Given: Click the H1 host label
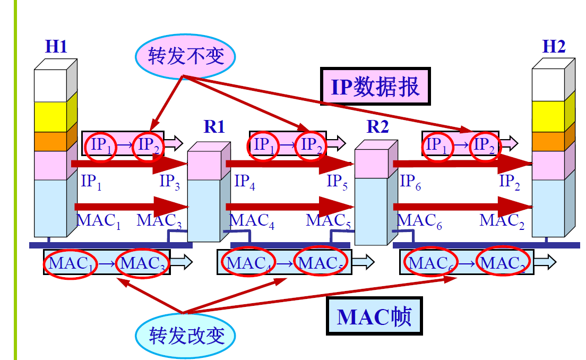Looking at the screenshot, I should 56,47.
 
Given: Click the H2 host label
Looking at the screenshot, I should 554,47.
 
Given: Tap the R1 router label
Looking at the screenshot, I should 214,127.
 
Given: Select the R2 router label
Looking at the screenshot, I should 377,127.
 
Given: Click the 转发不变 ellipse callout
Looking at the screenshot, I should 186,56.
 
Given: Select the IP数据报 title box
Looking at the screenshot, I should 375,86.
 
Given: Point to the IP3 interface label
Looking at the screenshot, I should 170,182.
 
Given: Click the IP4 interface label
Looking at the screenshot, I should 245,182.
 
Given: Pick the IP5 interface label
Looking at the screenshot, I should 337,182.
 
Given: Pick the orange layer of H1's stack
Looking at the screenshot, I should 50,141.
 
